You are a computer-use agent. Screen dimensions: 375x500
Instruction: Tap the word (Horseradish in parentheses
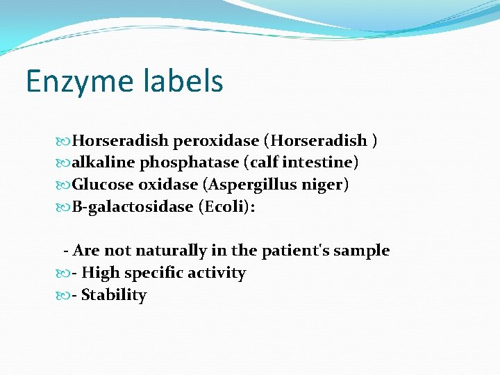315,141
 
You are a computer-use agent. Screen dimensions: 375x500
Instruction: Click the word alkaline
103,163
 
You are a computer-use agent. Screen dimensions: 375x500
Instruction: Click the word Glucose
103,185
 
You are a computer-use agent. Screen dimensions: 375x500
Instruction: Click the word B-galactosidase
132,208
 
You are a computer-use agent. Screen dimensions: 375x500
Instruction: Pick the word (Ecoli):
226,208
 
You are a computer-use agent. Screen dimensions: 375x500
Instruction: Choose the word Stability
114,295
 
